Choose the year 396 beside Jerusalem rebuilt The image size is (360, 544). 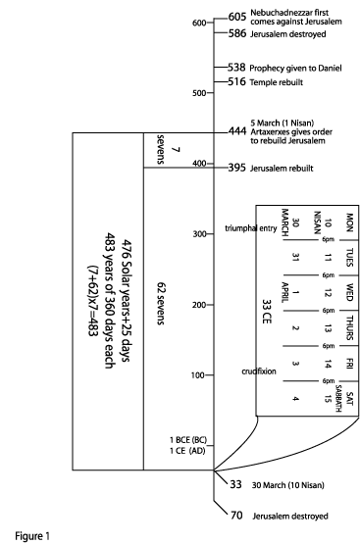[235, 168]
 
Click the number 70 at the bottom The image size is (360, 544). [235, 514]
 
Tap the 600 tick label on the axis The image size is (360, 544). [199, 23]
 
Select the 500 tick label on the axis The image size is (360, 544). [199, 93]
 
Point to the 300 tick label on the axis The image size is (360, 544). [199, 234]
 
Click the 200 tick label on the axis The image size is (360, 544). [199, 305]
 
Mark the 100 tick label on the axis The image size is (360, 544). [199, 375]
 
